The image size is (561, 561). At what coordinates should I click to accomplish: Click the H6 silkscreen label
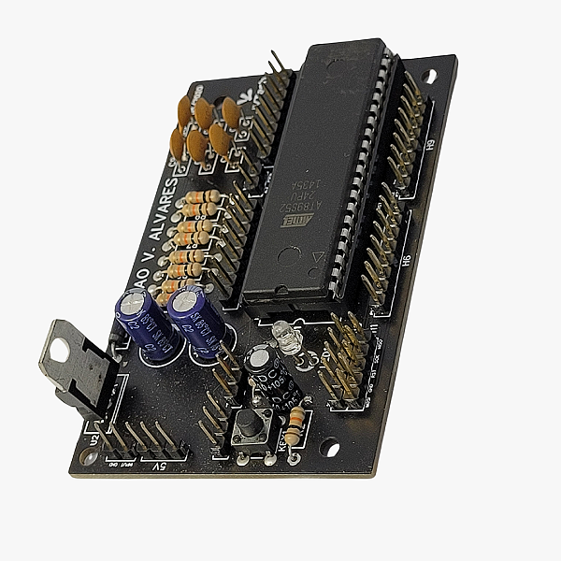click(x=406, y=265)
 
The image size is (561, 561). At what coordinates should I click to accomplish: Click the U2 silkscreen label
click(x=92, y=437)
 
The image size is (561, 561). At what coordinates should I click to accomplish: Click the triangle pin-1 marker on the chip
click(x=318, y=255)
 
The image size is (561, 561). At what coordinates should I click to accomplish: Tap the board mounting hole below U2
click(x=90, y=457)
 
